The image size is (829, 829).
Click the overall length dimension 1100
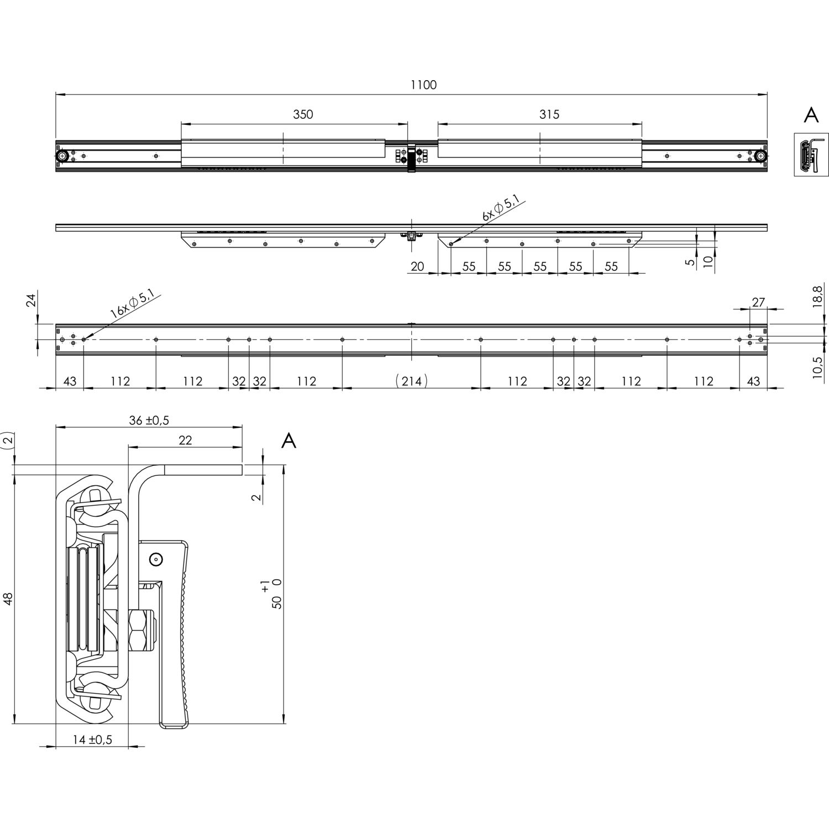pos(423,85)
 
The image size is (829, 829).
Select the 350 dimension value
pos(303,114)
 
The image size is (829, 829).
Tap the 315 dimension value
pos(549,114)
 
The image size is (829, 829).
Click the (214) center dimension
pos(412,381)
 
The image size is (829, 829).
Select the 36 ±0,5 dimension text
pos(149,420)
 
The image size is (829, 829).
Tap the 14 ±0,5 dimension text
pos(92,739)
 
